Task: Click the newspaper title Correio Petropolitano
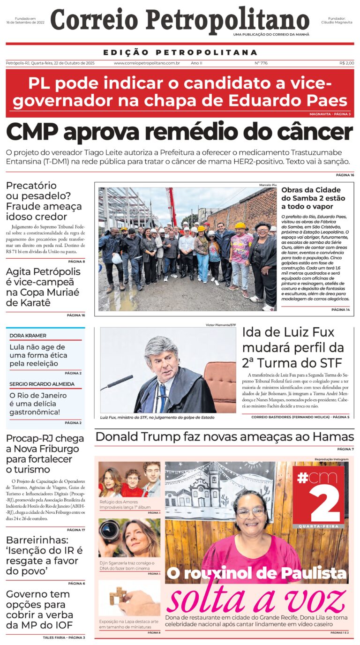tap(180, 22)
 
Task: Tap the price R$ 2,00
tap(346, 63)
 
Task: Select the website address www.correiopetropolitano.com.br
tap(147, 63)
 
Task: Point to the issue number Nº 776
tap(261, 63)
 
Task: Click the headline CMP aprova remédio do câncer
tap(180, 133)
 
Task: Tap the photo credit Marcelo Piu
tap(268, 185)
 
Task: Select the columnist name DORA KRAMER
tap(28, 336)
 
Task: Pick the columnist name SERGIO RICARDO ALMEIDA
tap(42, 384)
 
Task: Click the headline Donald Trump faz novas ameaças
tap(224, 437)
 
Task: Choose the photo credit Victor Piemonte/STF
tap(221, 325)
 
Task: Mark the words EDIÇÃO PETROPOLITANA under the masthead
tap(180, 52)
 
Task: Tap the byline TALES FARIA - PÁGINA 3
tap(64, 637)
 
